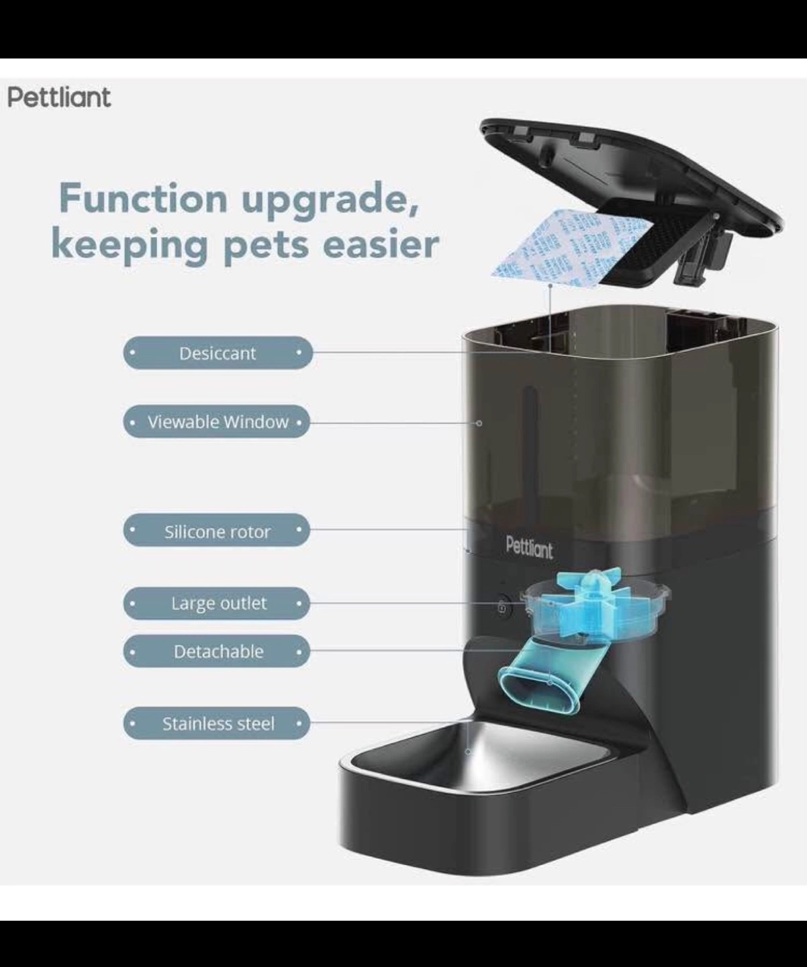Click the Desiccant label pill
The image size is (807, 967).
218,353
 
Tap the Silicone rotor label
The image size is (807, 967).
216,531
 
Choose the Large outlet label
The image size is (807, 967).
216,604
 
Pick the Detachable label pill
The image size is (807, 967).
216,651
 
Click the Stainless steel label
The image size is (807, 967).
216,723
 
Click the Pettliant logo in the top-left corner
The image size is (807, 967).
59,97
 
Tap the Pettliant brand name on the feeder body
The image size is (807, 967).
529,549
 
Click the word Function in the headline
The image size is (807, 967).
143,198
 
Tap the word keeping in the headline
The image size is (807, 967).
130,246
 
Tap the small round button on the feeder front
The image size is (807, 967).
503,606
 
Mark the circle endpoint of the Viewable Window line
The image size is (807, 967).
479,423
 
